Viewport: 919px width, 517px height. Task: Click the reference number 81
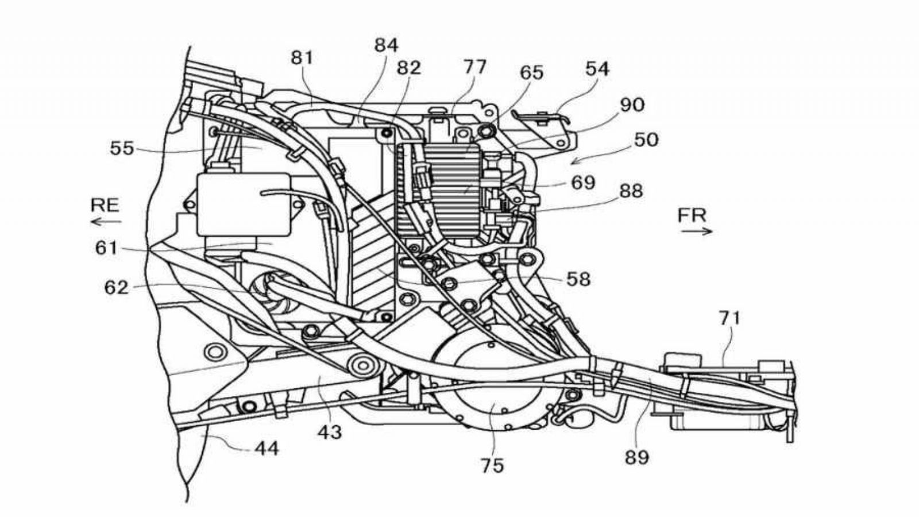click(302, 57)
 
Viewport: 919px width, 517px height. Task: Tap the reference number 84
click(386, 45)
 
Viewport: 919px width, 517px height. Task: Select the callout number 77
click(474, 67)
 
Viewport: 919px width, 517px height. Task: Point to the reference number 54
click(597, 69)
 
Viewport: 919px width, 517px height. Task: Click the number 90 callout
click(632, 105)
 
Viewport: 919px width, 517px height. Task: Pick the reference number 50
click(646, 140)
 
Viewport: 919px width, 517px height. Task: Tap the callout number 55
click(122, 149)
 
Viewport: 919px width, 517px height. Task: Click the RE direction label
click(105, 205)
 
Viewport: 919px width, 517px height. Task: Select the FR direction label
click(692, 216)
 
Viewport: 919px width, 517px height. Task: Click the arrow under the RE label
click(106, 221)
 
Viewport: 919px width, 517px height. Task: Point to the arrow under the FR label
click(697, 232)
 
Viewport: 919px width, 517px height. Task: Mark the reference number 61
click(106, 249)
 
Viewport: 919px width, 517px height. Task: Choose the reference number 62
click(116, 287)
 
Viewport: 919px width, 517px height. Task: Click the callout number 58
click(578, 279)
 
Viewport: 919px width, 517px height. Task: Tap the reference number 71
click(729, 318)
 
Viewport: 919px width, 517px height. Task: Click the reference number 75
click(492, 465)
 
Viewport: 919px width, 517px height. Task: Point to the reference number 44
click(266, 448)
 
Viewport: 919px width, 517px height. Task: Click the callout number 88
click(631, 191)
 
